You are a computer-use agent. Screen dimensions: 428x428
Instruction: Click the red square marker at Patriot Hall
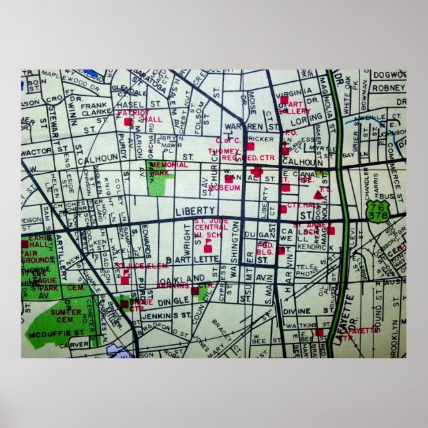tap(128, 122)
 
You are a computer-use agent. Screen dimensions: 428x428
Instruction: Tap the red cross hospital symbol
tap(257, 172)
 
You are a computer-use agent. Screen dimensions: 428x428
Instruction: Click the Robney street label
tap(389, 87)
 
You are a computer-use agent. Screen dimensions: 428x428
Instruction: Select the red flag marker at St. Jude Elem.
tap(124, 278)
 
